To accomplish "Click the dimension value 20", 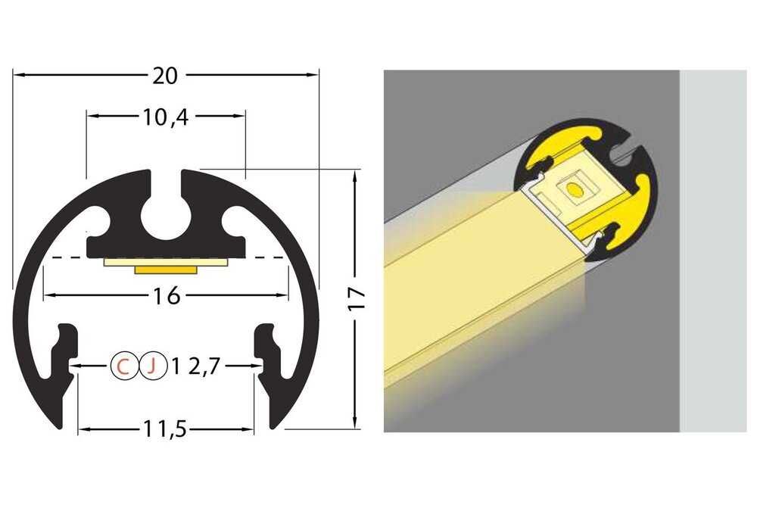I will (x=165, y=76).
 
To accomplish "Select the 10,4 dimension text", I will (x=165, y=117).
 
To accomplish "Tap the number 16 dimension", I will (x=167, y=296).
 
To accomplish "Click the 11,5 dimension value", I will (x=166, y=430).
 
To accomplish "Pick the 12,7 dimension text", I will (x=196, y=366).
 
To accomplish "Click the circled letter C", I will (x=123, y=366).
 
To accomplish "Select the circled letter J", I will (x=152, y=366).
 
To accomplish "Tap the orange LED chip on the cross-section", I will (x=166, y=269).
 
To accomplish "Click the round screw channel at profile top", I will (x=166, y=216).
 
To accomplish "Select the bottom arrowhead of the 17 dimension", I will (x=354, y=425).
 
